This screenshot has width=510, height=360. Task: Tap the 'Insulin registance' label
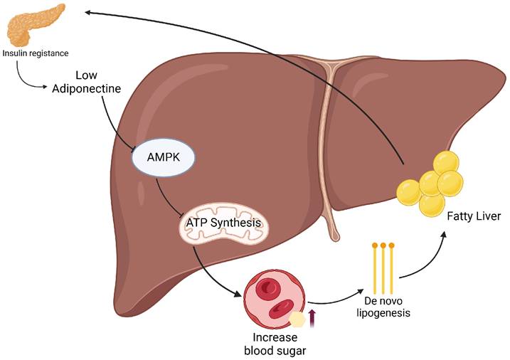[36, 53]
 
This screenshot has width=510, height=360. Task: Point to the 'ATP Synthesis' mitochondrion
[223, 224]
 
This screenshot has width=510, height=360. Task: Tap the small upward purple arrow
[310, 312]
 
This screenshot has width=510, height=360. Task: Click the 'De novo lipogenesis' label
[384, 307]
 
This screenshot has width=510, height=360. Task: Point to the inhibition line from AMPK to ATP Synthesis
[166, 201]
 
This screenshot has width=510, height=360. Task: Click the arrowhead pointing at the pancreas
[87, 12]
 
